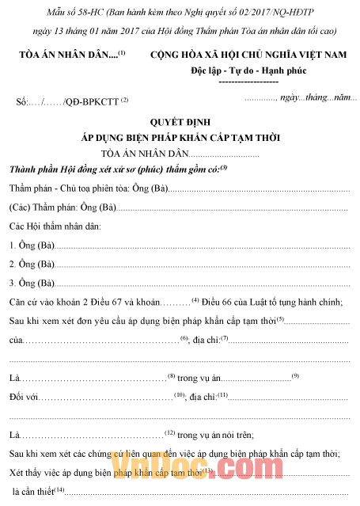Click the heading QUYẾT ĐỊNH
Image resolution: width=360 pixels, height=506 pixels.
tap(181, 122)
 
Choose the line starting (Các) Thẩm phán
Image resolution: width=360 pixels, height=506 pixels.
tap(63, 208)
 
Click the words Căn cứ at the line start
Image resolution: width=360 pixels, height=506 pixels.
tap(25, 301)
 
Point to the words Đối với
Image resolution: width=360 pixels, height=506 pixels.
tap(24, 396)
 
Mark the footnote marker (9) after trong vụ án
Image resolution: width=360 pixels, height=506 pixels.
tap(294, 375)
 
